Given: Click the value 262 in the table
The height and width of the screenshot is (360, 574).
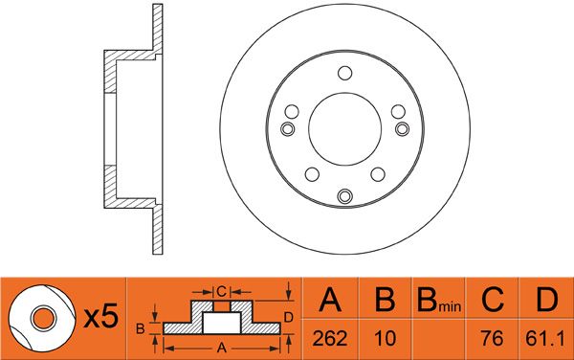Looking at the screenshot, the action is click(x=329, y=338).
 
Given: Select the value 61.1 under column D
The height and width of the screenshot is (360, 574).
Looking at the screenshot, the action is click(x=545, y=338).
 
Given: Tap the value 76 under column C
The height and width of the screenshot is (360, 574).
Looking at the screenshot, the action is click(x=493, y=338).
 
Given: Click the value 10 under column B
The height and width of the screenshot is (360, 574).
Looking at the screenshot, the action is click(x=386, y=338).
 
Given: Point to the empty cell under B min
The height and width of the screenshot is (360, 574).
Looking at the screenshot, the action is click(x=438, y=339).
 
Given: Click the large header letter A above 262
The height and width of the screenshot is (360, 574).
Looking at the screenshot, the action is click(x=330, y=300).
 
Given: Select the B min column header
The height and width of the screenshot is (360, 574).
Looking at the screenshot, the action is click(x=439, y=301).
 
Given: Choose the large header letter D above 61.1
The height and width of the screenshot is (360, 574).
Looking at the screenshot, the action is click(x=546, y=300).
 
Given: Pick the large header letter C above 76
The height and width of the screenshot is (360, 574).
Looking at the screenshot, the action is click(x=493, y=300).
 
